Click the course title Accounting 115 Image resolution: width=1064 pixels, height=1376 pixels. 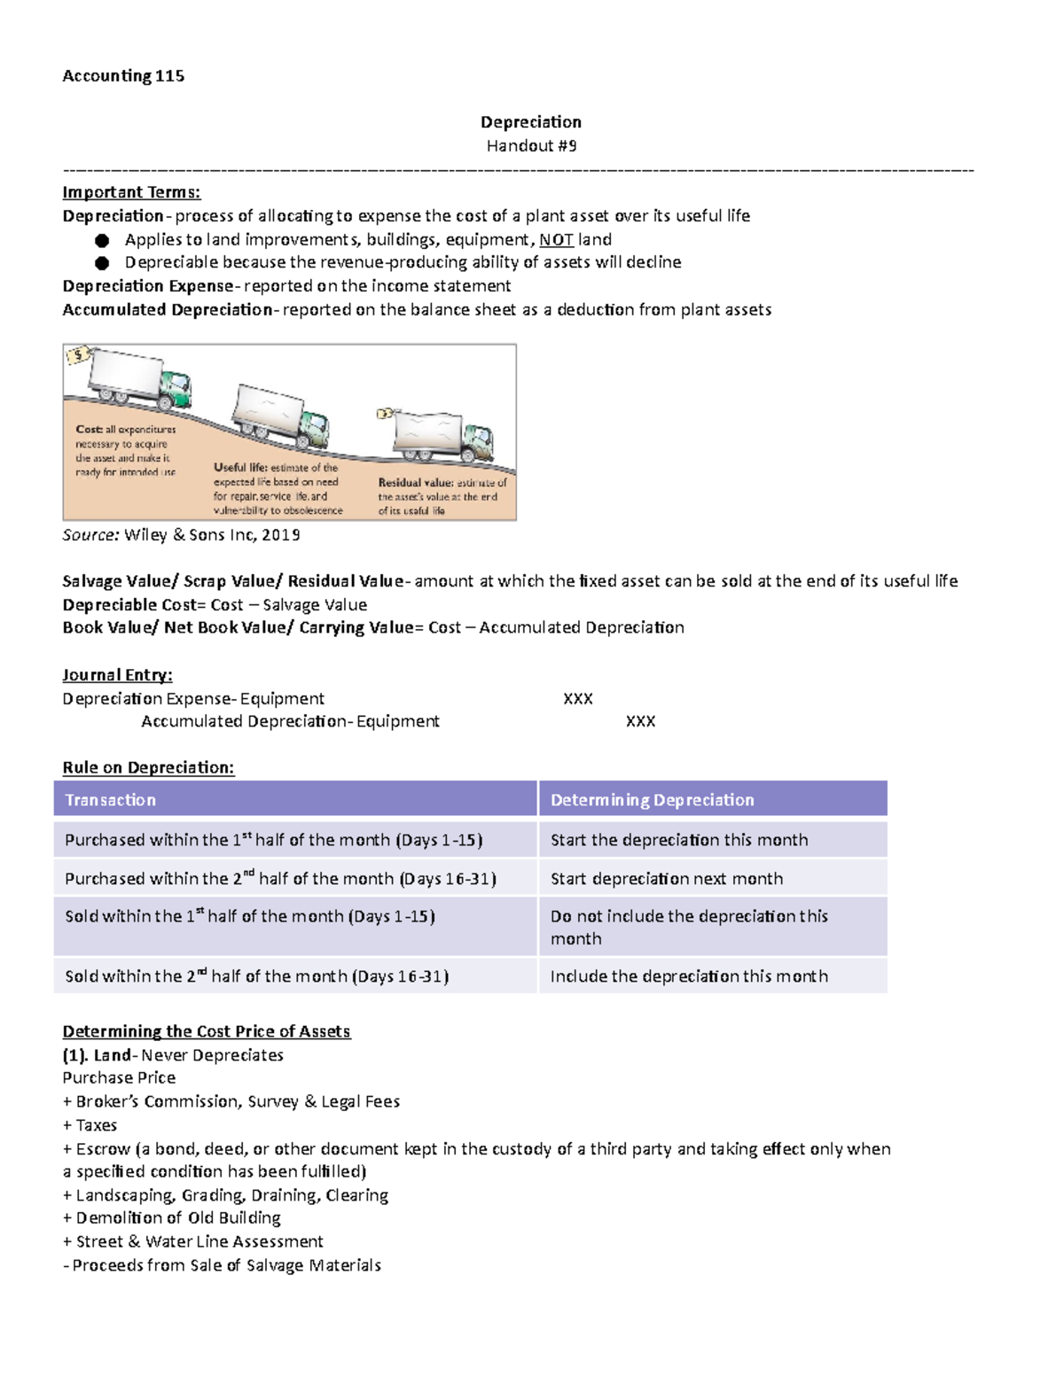coord(123,76)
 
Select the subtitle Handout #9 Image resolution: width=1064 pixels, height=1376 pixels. coord(531,145)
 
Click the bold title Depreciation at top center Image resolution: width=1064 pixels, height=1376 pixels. coord(531,122)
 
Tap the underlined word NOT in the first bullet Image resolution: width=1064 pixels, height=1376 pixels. coord(556,240)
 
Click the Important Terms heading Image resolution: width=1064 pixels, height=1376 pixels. coord(131,192)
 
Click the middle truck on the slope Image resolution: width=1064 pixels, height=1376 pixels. coord(280,416)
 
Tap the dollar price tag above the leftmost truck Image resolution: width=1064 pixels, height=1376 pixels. coord(79,355)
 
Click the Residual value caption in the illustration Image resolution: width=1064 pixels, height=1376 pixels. coord(442,496)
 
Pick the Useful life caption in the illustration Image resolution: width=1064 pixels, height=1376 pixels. coord(278,488)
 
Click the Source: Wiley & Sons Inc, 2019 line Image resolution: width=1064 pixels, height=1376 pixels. coord(181,535)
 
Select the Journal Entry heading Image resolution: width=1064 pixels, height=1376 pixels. coord(117,675)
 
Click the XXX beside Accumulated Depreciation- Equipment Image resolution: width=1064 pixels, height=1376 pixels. coord(640,721)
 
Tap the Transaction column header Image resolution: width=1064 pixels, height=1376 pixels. coord(111,800)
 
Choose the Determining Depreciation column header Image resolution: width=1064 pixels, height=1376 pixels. coord(652,800)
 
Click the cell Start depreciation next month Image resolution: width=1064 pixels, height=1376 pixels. coord(667,879)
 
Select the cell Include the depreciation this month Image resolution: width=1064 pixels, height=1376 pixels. coord(689,976)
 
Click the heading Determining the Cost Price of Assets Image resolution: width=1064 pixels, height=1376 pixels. coord(207,1031)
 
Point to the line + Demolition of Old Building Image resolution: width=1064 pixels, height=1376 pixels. coord(172,1218)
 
